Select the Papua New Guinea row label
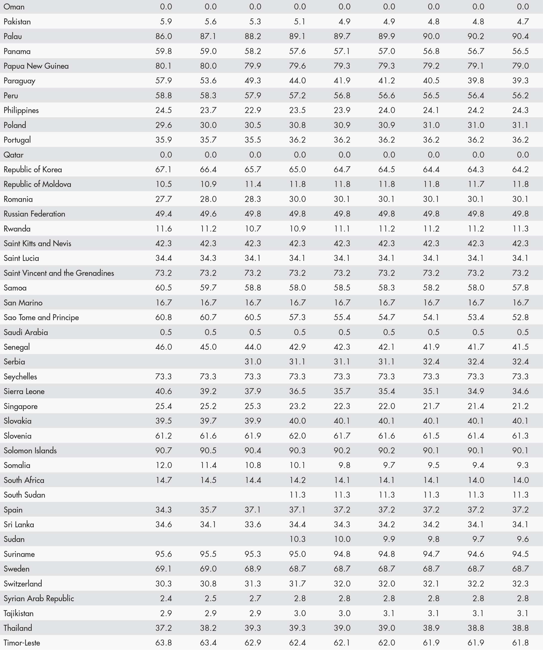[x=36, y=66]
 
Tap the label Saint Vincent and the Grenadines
[x=59, y=273]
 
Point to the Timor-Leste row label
[x=22, y=643]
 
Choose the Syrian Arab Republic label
[x=39, y=598]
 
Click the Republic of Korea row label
[x=33, y=170]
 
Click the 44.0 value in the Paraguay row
[x=297, y=81]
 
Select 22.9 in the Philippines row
[x=253, y=111]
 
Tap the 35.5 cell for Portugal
[x=253, y=140]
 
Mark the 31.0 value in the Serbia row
[x=253, y=362]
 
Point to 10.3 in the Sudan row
[x=297, y=539]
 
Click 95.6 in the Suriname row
[x=164, y=554]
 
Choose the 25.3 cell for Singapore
[x=253, y=406]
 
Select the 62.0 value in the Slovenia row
[x=297, y=436]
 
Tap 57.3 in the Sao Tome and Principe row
[x=297, y=317]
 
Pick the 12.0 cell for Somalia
[x=164, y=465]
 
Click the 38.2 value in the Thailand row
[x=208, y=628]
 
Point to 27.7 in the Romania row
[x=164, y=199]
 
